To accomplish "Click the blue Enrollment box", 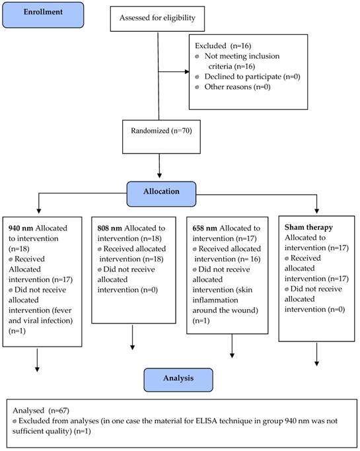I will click(x=44, y=14).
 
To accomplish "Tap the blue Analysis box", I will click(x=178, y=378).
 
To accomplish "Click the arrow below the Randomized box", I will click(x=159, y=165).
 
